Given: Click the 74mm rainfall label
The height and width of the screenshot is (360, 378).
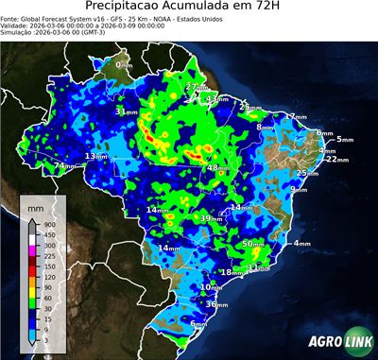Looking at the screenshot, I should pos(63,166).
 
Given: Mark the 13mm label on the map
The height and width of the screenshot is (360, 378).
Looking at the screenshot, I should pos(95,156).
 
